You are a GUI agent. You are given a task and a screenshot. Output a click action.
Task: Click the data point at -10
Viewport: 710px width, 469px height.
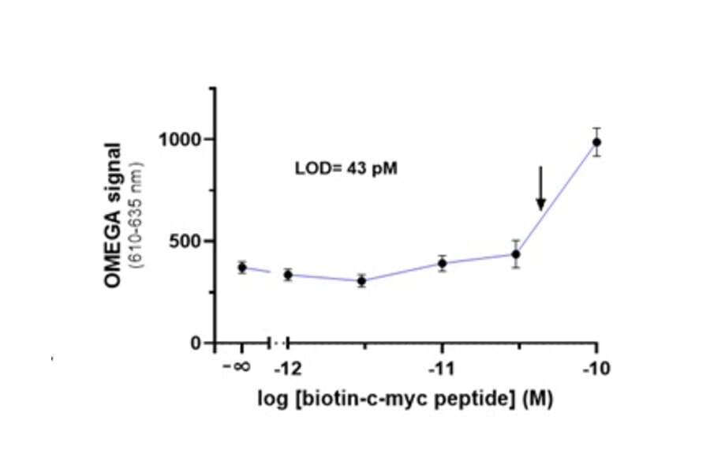click(x=596, y=142)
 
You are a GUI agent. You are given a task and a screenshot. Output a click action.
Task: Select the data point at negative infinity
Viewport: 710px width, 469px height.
click(x=242, y=268)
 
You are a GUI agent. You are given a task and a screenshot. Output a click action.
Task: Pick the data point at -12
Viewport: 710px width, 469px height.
click(x=288, y=275)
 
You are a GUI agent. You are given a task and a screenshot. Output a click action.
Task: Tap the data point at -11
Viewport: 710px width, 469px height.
click(x=443, y=263)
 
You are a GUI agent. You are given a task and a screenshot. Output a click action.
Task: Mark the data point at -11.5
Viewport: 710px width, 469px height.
click(x=361, y=280)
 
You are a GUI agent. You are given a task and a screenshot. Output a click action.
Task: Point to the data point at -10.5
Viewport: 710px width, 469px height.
click(x=516, y=254)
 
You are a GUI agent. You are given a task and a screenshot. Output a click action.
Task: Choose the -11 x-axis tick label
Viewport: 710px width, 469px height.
click(x=443, y=369)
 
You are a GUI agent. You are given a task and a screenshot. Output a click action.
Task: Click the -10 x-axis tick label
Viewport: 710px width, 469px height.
click(x=596, y=369)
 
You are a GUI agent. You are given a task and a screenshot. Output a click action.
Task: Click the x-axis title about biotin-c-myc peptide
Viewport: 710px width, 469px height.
click(x=405, y=399)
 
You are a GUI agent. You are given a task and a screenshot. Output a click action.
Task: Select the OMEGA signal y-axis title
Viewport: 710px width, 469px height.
click(x=114, y=215)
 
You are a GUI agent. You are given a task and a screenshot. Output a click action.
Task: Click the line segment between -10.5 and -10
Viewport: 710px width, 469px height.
click(x=556, y=198)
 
